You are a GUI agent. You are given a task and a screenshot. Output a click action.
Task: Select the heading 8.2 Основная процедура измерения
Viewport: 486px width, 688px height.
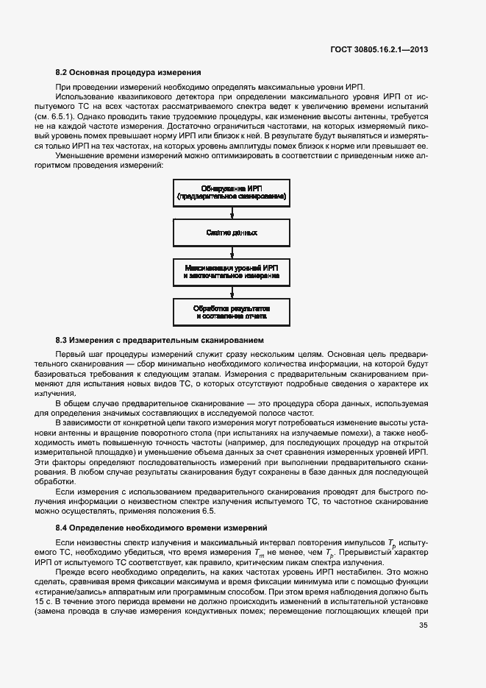129,73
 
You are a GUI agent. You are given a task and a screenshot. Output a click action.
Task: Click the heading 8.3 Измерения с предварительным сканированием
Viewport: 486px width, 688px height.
160,341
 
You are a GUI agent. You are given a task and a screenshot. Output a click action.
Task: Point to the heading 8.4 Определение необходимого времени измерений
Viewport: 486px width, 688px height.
162,528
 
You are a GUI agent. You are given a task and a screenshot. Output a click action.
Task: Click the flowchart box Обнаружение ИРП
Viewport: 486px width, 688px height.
232,194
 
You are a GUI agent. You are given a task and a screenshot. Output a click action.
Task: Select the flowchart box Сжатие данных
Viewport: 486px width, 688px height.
232,233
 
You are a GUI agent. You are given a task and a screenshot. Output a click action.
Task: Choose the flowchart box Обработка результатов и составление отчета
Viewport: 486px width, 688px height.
232,311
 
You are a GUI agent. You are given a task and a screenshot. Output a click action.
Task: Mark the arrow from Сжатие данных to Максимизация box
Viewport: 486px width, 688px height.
232,252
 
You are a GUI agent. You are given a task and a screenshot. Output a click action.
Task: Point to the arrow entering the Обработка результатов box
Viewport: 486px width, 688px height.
232,291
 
